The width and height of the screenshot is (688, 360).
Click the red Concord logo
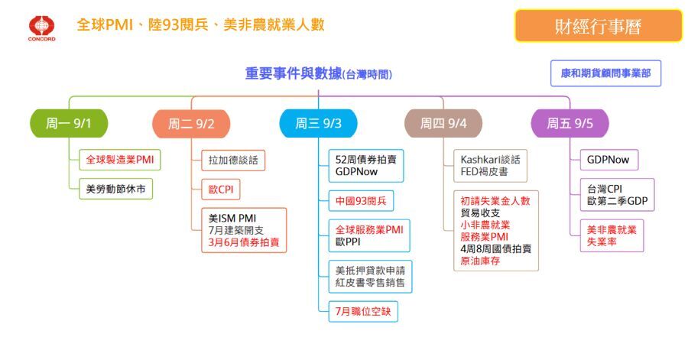point(41,26)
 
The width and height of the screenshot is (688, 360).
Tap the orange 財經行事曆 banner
point(598,26)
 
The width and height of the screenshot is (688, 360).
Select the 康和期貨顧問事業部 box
point(605,74)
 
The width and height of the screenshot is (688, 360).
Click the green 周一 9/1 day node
point(69,123)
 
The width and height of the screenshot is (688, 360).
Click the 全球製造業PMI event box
point(120,160)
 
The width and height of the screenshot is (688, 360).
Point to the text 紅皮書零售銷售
point(372,283)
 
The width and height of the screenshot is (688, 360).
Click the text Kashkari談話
point(490,160)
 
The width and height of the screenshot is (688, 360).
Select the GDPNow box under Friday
point(608,160)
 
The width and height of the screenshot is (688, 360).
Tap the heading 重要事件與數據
point(294,74)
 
